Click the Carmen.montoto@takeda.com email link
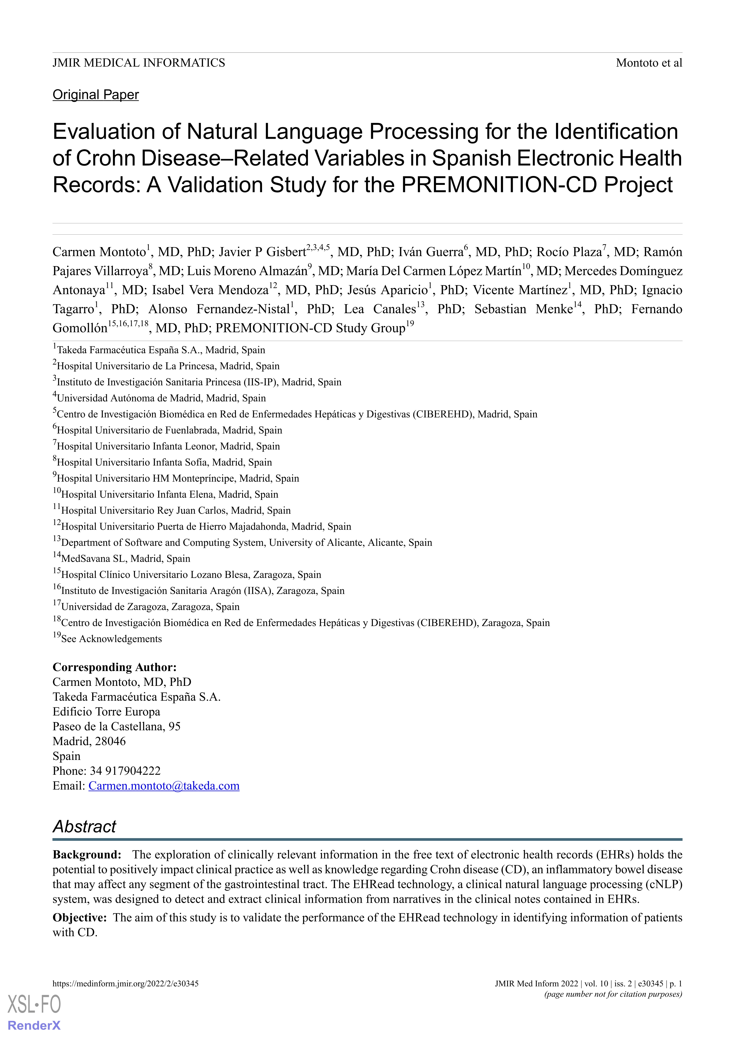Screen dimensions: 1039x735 [164, 786]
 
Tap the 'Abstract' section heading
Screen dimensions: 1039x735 [85, 826]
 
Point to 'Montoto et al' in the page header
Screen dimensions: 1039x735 [648, 63]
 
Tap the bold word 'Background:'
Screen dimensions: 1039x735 [87, 854]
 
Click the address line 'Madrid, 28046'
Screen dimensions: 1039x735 [89, 741]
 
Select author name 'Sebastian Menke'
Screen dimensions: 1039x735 [523, 309]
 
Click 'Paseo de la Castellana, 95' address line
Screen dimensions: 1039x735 [116, 726]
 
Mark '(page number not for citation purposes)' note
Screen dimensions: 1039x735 [613, 994]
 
